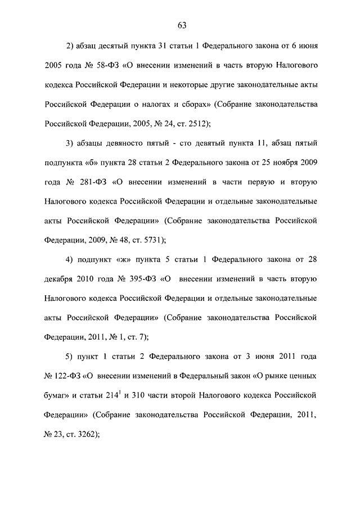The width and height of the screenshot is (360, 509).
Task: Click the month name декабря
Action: click(x=60, y=279)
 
